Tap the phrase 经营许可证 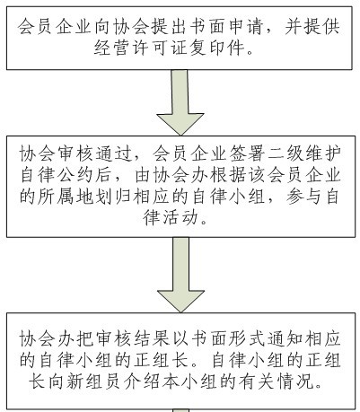pos(141,47)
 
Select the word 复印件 pos(217,47)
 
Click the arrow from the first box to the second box pos(180,102)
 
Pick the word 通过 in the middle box pos(114,153)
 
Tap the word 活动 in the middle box pos(180,217)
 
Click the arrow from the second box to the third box pos(180,275)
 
